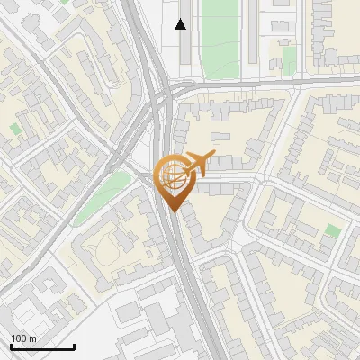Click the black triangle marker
click(181, 24)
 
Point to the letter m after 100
click(32, 338)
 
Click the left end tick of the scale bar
click(11, 346)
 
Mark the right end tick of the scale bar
click(74, 346)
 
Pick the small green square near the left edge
click(15, 130)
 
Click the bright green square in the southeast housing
click(333, 231)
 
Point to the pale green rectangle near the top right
click(289, 59)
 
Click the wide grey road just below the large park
click(243, 83)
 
